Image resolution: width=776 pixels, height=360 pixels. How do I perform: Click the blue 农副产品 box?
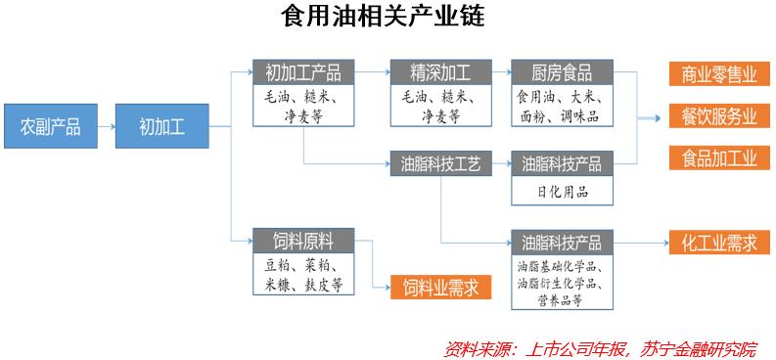(x=51, y=126)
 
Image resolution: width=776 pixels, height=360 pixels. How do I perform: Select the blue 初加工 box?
(x=161, y=126)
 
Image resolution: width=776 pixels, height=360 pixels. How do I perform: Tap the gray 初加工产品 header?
(x=303, y=72)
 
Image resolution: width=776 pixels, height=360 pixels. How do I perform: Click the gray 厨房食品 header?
(x=563, y=72)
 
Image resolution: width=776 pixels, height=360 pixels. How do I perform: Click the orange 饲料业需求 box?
(x=441, y=287)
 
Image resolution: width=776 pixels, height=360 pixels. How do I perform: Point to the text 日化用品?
(x=563, y=191)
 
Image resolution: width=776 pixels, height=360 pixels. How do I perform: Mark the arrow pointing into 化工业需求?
(x=642, y=242)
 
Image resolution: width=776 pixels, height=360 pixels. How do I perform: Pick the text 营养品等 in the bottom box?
(x=562, y=299)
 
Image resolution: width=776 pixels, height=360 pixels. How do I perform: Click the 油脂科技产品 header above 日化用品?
(x=563, y=162)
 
